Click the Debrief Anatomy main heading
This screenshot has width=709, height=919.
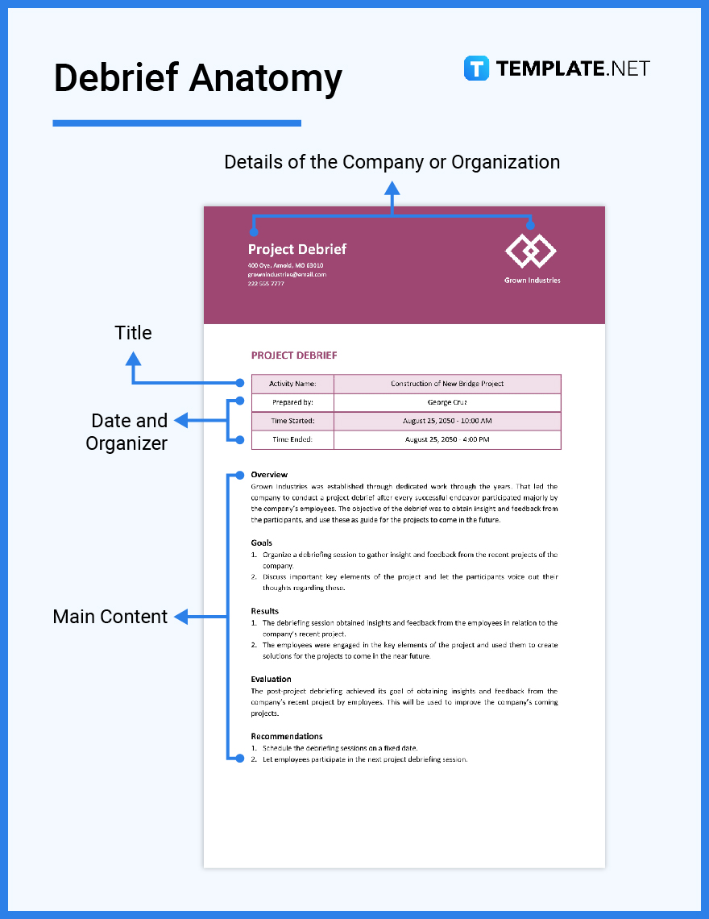point(197,79)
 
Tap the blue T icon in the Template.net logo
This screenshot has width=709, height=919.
point(476,69)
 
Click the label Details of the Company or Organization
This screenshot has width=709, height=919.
point(392,162)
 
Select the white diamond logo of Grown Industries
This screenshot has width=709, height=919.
point(531,252)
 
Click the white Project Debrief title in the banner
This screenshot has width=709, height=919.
point(297,249)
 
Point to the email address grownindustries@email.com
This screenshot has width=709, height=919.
point(287,274)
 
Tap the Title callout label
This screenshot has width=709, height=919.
point(133,333)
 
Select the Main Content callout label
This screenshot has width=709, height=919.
point(110,617)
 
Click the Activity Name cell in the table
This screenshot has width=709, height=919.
point(292,384)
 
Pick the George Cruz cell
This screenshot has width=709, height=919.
point(447,402)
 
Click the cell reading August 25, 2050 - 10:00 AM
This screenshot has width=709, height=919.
point(447,421)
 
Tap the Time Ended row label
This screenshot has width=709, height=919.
point(292,439)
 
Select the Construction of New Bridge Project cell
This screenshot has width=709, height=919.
point(447,384)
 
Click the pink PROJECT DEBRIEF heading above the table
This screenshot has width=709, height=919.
point(294,356)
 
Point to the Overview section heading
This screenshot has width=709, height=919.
point(269,475)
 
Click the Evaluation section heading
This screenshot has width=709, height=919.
point(271,680)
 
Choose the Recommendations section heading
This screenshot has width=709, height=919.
point(286,736)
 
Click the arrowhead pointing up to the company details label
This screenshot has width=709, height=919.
point(392,189)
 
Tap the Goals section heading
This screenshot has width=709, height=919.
point(262,543)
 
